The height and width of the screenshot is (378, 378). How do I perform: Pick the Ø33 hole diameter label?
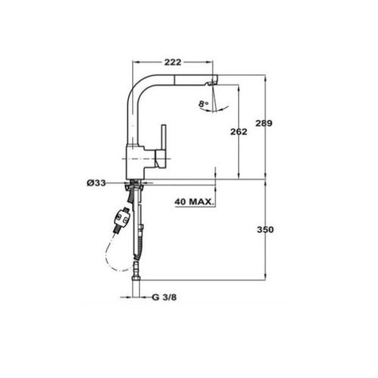click(x=96, y=183)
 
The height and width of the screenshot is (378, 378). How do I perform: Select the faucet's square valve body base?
click(x=139, y=161)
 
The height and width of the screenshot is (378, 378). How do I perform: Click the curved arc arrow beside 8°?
click(x=215, y=106)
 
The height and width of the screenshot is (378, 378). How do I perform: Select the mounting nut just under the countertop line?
click(x=135, y=187)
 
